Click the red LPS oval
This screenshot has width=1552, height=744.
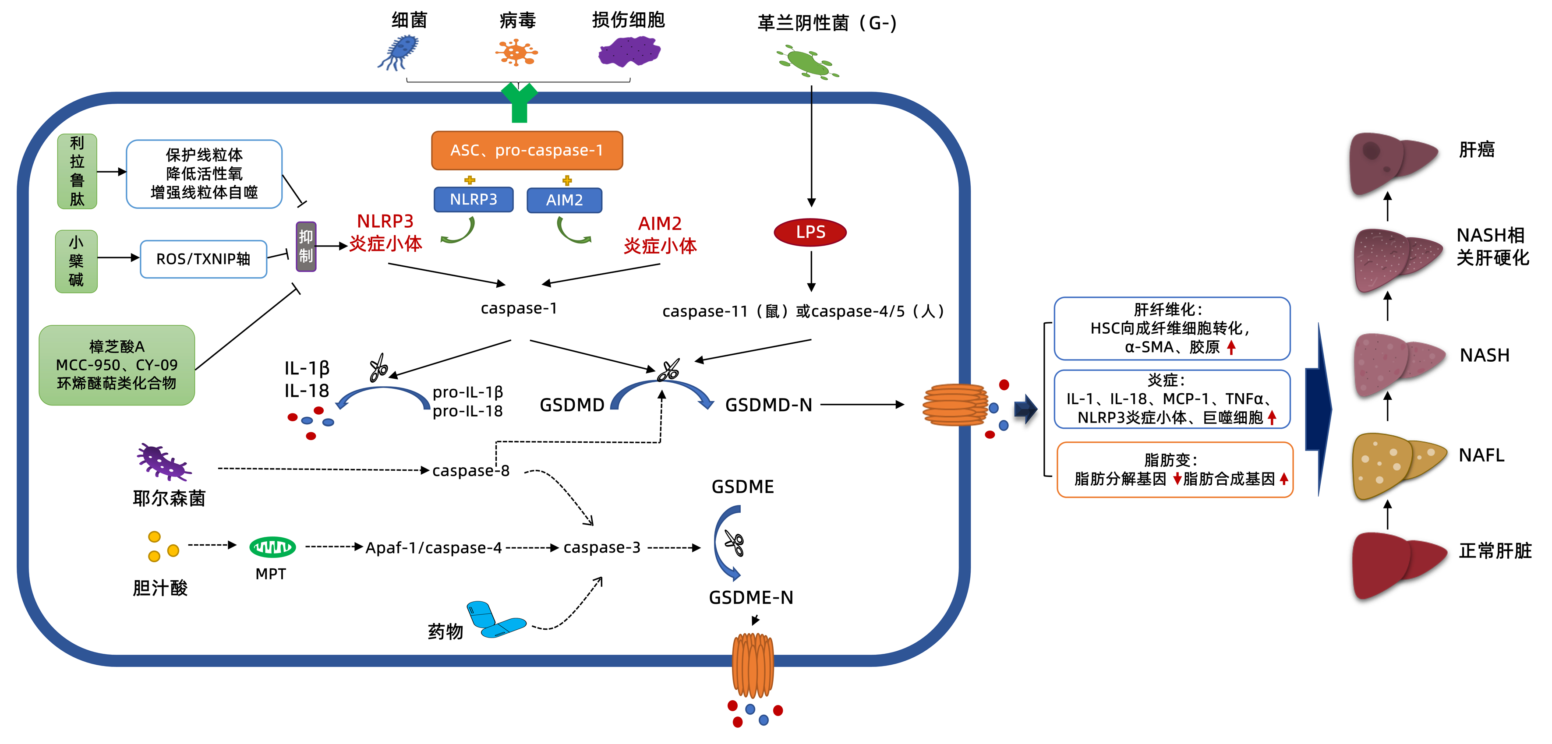810,233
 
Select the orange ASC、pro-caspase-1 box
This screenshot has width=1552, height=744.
527,151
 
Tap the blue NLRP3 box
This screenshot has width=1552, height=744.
474,199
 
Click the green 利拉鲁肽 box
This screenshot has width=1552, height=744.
77,171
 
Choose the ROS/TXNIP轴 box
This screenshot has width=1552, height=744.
203,259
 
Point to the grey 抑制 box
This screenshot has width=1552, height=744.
306,247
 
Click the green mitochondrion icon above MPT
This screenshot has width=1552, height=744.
272,547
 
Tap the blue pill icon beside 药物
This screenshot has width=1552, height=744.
495,620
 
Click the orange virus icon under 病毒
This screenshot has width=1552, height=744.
516,53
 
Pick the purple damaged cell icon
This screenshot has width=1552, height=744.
629,51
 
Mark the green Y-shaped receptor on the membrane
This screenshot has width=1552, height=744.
519,102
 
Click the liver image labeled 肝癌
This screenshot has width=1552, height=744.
1392,162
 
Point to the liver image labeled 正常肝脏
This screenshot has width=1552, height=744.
1396,563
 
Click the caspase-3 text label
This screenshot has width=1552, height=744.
601,548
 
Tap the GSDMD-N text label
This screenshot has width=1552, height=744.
768,405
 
